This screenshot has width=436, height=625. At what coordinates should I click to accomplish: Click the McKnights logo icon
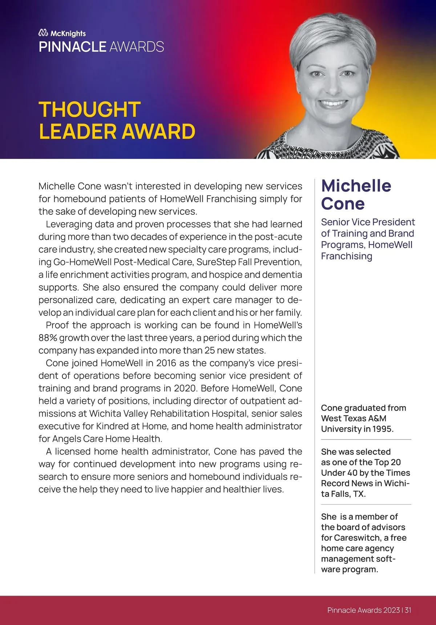pos(43,33)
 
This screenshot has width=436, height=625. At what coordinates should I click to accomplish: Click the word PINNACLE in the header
pos(72,47)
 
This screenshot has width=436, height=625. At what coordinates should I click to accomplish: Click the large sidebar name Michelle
pos(356,186)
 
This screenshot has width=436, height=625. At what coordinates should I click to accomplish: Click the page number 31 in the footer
pos(408,610)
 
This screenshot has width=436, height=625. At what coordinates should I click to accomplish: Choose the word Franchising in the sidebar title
pos(347,256)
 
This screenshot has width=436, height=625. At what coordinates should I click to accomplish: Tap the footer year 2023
pos(392,610)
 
